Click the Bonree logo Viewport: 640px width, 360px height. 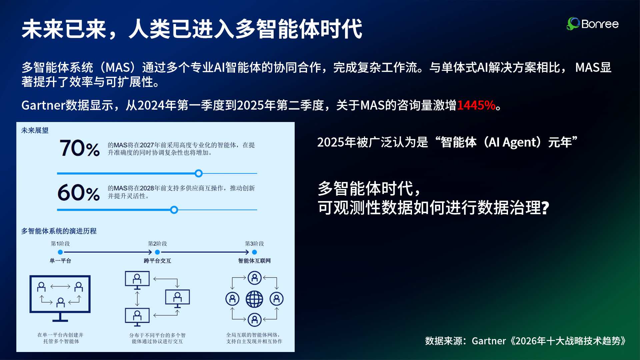click(592, 24)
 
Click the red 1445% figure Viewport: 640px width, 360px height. click(476, 105)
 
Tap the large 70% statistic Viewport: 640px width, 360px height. click(80, 148)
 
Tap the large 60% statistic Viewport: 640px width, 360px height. click(79, 193)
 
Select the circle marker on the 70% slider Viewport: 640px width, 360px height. click(199, 173)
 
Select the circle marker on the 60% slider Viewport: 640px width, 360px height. click(174, 210)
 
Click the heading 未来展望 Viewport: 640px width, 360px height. click(35, 130)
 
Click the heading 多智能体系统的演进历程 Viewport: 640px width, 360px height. click(59, 231)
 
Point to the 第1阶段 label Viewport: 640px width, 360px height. click(60, 244)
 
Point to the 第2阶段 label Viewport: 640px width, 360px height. click(157, 244)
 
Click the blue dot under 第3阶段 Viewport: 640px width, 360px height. click(254, 252)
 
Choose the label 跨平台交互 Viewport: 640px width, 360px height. click(157, 261)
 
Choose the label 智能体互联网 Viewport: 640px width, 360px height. click(254, 261)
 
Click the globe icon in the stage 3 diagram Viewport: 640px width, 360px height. click(254, 299)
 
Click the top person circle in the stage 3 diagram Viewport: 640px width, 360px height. click(254, 278)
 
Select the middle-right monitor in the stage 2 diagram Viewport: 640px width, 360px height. click(177, 298)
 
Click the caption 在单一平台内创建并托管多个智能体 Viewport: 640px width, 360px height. click(61, 338)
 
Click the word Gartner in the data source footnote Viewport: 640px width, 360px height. click(489, 341)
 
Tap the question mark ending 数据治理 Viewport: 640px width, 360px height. click(545, 208)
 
